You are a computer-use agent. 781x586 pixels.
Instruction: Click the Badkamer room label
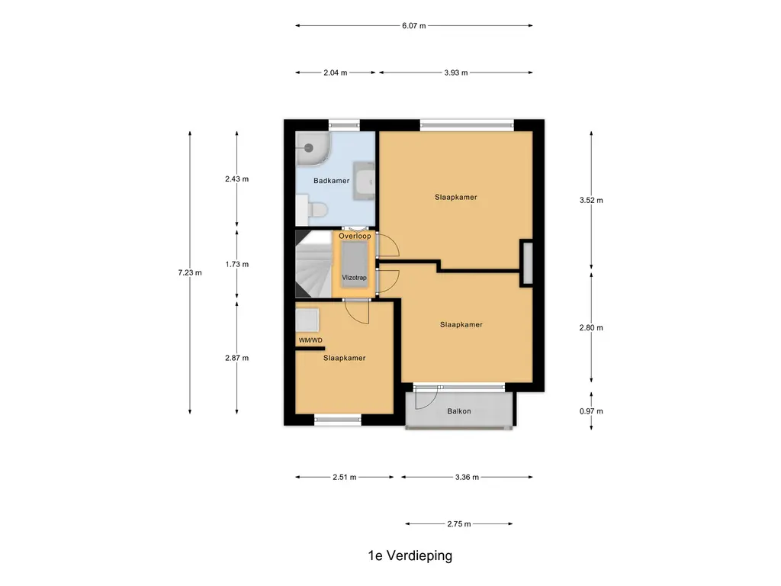click(x=332, y=181)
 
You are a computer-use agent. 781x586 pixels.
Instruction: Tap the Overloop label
click(x=355, y=237)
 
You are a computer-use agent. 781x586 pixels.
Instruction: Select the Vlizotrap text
click(x=355, y=278)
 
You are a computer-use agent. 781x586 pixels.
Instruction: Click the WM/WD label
click(x=310, y=340)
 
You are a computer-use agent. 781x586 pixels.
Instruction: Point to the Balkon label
click(x=459, y=411)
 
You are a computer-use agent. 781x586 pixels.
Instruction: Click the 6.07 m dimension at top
click(x=413, y=25)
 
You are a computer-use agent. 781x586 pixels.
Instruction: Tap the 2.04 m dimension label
click(x=335, y=72)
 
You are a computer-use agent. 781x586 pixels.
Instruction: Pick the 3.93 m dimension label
click(x=455, y=72)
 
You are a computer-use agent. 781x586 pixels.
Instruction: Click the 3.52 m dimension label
click(x=591, y=201)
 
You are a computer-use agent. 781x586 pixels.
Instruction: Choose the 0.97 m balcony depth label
click(x=591, y=411)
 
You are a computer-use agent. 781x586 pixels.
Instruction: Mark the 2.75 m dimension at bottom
click(x=458, y=524)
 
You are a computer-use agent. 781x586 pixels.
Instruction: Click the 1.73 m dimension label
click(x=236, y=264)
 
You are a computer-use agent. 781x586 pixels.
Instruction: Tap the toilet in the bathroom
click(x=316, y=208)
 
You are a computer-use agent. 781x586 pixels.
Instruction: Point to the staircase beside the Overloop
click(x=313, y=265)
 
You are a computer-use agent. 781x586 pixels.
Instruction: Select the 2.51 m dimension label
click(x=345, y=478)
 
